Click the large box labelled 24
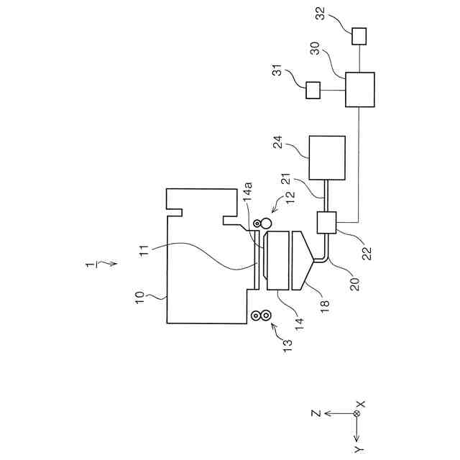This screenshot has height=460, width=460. (326, 157)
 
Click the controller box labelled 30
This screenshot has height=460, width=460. (359, 89)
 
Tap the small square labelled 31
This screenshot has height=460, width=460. (313, 90)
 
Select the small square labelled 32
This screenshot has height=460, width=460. (359, 35)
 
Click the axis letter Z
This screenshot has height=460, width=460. (314, 414)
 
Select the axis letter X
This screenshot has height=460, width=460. (360, 405)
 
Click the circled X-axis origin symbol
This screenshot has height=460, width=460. (356, 414)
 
